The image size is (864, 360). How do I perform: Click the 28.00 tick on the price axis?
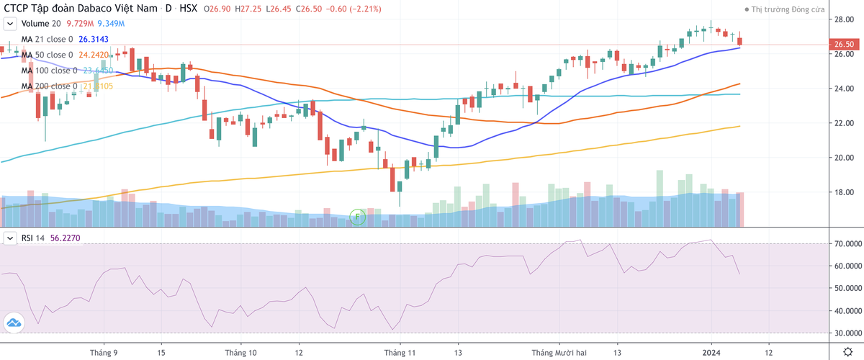click(844, 19)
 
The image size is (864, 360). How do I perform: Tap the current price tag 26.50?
click(844, 45)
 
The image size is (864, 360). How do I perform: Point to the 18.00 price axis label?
click(844, 192)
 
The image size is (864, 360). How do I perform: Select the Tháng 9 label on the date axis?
click(104, 353)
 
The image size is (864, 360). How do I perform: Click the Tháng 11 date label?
click(400, 353)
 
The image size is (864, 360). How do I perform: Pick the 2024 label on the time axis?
click(711, 353)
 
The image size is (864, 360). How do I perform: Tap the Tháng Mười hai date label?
click(559, 353)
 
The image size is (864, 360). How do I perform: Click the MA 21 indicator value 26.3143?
click(96, 40)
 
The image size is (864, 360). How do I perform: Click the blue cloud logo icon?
click(12, 323)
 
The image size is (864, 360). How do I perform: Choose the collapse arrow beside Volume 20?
click(11, 24)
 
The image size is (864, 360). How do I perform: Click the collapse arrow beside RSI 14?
click(11, 238)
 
